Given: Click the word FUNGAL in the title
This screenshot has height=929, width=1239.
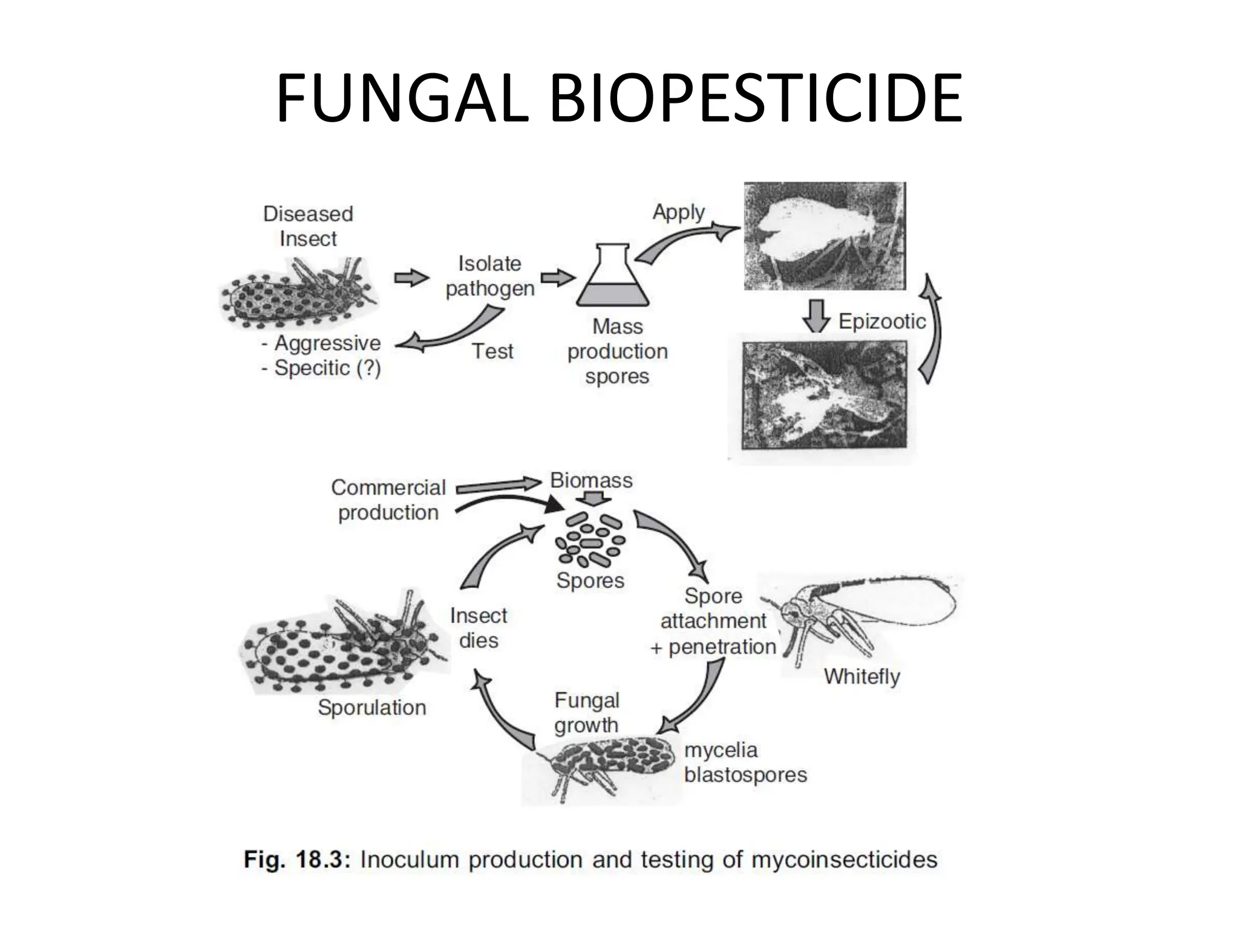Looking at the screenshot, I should (402, 98).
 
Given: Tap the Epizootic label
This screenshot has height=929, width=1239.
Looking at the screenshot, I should (881, 321).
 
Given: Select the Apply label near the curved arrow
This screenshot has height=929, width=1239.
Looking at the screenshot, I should (678, 212).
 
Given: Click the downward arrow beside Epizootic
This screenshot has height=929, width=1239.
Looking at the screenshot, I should (816, 316).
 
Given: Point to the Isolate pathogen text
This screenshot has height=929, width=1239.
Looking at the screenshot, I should (490, 276).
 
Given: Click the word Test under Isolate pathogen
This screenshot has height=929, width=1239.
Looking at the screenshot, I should (492, 351).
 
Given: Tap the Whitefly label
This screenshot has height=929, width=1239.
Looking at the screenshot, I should (861, 676).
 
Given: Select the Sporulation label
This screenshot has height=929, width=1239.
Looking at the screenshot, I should (372, 708).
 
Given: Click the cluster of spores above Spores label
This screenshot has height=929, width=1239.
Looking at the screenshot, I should (591, 540).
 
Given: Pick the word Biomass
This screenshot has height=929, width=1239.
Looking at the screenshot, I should (591, 481).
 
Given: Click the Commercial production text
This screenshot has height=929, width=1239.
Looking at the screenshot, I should (388, 500).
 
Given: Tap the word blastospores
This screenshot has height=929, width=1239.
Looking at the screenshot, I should (745, 775).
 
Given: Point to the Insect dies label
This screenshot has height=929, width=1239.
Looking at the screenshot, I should (478, 628).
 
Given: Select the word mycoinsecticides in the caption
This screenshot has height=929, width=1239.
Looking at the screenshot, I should (844, 859).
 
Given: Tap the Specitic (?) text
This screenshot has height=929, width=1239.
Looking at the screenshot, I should (327, 368).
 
